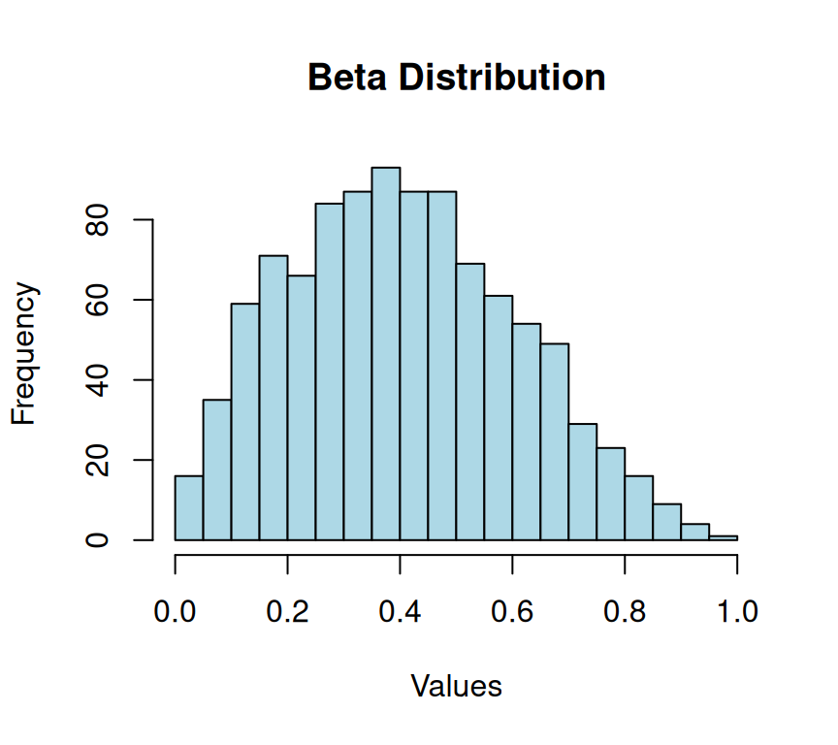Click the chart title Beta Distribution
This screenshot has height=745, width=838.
tap(456, 77)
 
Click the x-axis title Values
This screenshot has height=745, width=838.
tap(456, 686)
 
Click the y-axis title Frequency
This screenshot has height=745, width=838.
tap(24, 353)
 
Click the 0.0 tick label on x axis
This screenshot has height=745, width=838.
tap(176, 612)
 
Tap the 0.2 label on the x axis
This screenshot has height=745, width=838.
tap(288, 612)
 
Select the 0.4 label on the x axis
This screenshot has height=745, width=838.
tap(401, 612)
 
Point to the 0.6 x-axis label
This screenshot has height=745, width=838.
tap(512, 612)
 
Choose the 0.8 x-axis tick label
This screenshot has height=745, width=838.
tap(625, 612)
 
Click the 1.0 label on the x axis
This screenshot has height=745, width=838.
tap(737, 612)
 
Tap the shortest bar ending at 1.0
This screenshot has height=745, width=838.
tap(723, 537)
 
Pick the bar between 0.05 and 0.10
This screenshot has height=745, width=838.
tap(217, 470)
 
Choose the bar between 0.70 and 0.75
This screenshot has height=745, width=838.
tap(583, 481)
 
